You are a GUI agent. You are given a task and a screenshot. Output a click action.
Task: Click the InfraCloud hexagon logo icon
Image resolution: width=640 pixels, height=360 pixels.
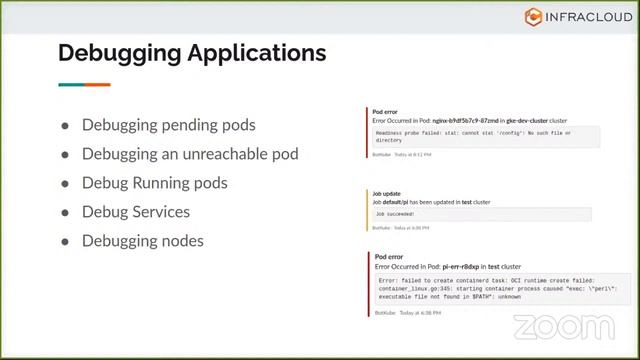(x=533, y=16)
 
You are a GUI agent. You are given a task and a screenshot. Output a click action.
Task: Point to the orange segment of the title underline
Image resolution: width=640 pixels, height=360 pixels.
(x=98, y=85)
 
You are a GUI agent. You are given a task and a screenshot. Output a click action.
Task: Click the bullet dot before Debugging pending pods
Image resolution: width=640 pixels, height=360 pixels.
(x=65, y=126)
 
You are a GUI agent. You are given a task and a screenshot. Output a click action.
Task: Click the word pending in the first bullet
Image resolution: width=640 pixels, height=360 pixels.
(x=184, y=125)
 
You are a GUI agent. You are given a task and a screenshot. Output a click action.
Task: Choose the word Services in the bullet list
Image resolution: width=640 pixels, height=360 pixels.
(x=162, y=212)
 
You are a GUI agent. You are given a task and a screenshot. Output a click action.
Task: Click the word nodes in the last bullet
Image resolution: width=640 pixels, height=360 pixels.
(x=179, y=241)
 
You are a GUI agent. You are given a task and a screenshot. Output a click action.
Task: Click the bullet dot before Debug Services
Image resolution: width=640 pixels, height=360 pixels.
(x=65, y=213)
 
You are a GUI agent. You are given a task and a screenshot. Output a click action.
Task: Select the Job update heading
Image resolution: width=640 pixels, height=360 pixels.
(x=387, y=194)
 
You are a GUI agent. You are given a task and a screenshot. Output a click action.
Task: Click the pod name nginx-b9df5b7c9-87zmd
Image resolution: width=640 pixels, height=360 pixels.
(x=456, y=120)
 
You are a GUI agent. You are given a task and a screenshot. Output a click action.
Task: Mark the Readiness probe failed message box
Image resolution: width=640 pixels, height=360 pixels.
(x=486, y=137)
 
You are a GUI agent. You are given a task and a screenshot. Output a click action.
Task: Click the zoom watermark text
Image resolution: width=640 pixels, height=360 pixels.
(x=564, y=327)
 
